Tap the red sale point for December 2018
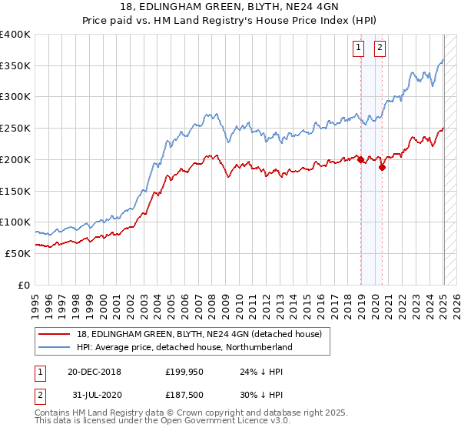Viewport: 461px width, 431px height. pyautogui.click(x=360, y=160)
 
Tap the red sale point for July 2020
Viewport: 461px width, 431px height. pyautogui.click(x=382, y=167)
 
